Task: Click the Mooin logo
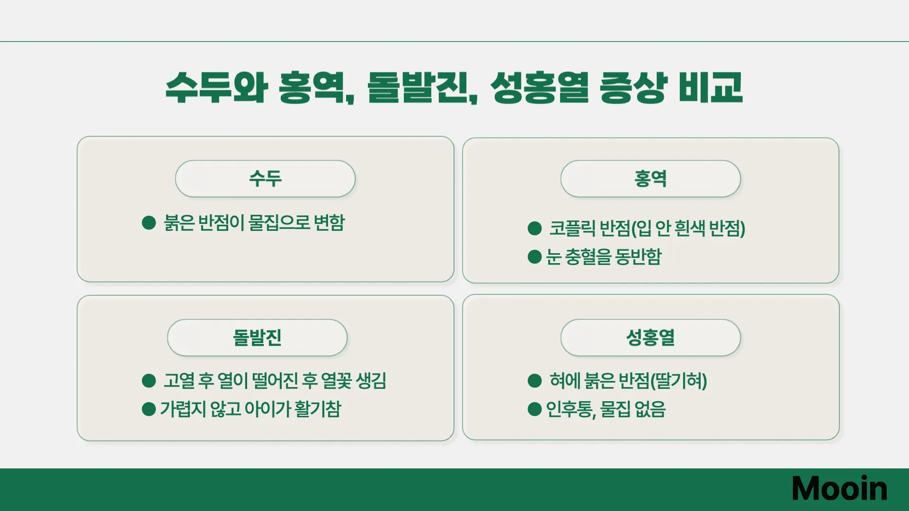pyautogui.click(x=839, y=488)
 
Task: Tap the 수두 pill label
pyautogui.click(x=265, y=178)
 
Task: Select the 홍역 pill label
pyautogui.click(x=651, y=178)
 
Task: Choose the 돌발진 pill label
pyautogui.click(x=257, y=337)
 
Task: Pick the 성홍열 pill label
pyautogui.click(x=651, y=337)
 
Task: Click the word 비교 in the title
pyautogui.click(x=710, y=88)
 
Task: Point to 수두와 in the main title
pyautogui.click(x=217, y=88)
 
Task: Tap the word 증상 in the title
pyautogui.click(x=633, y=88)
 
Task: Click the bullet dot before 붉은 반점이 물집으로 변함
pyautogui.click(x=149, y=222)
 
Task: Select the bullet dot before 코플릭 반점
pyautogui.click(x=535, y=228)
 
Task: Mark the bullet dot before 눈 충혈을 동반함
pyautogui.click(x=535, y=257)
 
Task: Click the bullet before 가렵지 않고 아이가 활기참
pyautogui.click(x=149, y=409)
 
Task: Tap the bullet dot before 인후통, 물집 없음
pyautogui.click(x=535, y=409)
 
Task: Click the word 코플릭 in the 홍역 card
pyautogui.click(x=572, y=228)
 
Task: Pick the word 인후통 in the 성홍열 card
pyautogui.click(x=570, y=409)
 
